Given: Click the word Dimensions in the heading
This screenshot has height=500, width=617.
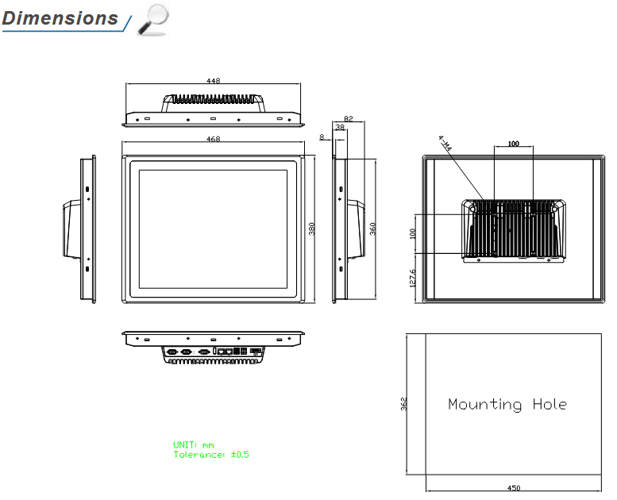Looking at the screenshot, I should coord(60,18).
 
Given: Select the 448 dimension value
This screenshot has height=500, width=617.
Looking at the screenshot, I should coord(213,80).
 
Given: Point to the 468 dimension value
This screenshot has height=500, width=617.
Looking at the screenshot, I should coord(213,139).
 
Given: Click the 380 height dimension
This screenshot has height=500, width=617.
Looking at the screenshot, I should coord(312,228).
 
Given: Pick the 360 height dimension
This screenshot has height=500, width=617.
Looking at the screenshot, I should coord(372,228).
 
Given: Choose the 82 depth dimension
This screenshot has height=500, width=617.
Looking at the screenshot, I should coord(348,118).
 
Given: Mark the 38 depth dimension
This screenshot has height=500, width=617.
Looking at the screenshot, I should coord(340,127).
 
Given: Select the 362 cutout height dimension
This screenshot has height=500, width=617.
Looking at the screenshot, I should coord(403,404).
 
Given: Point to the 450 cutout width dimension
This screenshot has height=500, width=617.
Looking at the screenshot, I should coord(513,488).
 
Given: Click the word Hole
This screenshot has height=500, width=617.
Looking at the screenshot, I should coord(549,405).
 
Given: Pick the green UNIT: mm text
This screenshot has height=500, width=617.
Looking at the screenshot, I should coord(194,445).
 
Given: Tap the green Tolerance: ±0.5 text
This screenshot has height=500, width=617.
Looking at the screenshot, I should coord(211,455).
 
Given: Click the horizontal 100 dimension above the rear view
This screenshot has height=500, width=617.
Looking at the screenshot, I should coord(513,144).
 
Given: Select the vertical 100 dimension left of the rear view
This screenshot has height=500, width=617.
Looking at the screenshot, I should coord(412,233).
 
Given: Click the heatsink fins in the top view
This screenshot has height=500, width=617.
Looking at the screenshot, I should coord(213,101).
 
